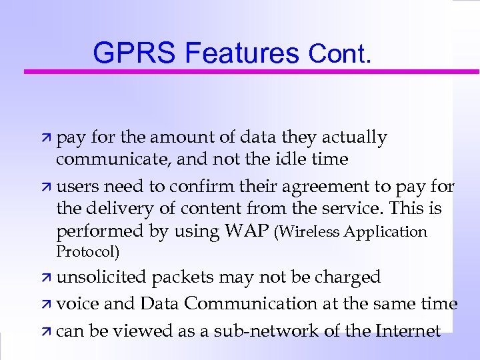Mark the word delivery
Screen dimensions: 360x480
point(116,209)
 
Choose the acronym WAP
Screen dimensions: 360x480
point(248,231)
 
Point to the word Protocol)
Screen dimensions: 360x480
point(88,251)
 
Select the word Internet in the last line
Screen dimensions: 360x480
point(409,331)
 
